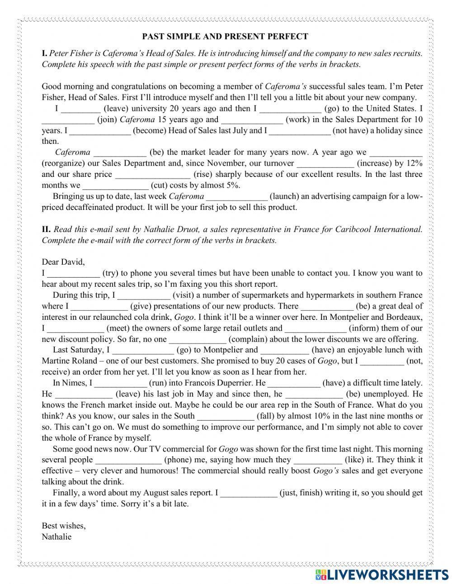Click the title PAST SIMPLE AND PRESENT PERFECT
pyautogui.click(x=225, y=37)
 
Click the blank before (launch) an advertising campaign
pyautogui.click(x=237, y=197)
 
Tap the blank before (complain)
pyautogui.click(x=198, y=339)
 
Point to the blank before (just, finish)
pyautogui.click(x=248, y=493)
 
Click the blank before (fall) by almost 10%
pyautogui.click(x=226, y=416)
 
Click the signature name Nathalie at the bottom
pyautogui.click(x=56, y=537)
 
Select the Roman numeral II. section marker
pyautogui.click(x=46, y=229)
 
